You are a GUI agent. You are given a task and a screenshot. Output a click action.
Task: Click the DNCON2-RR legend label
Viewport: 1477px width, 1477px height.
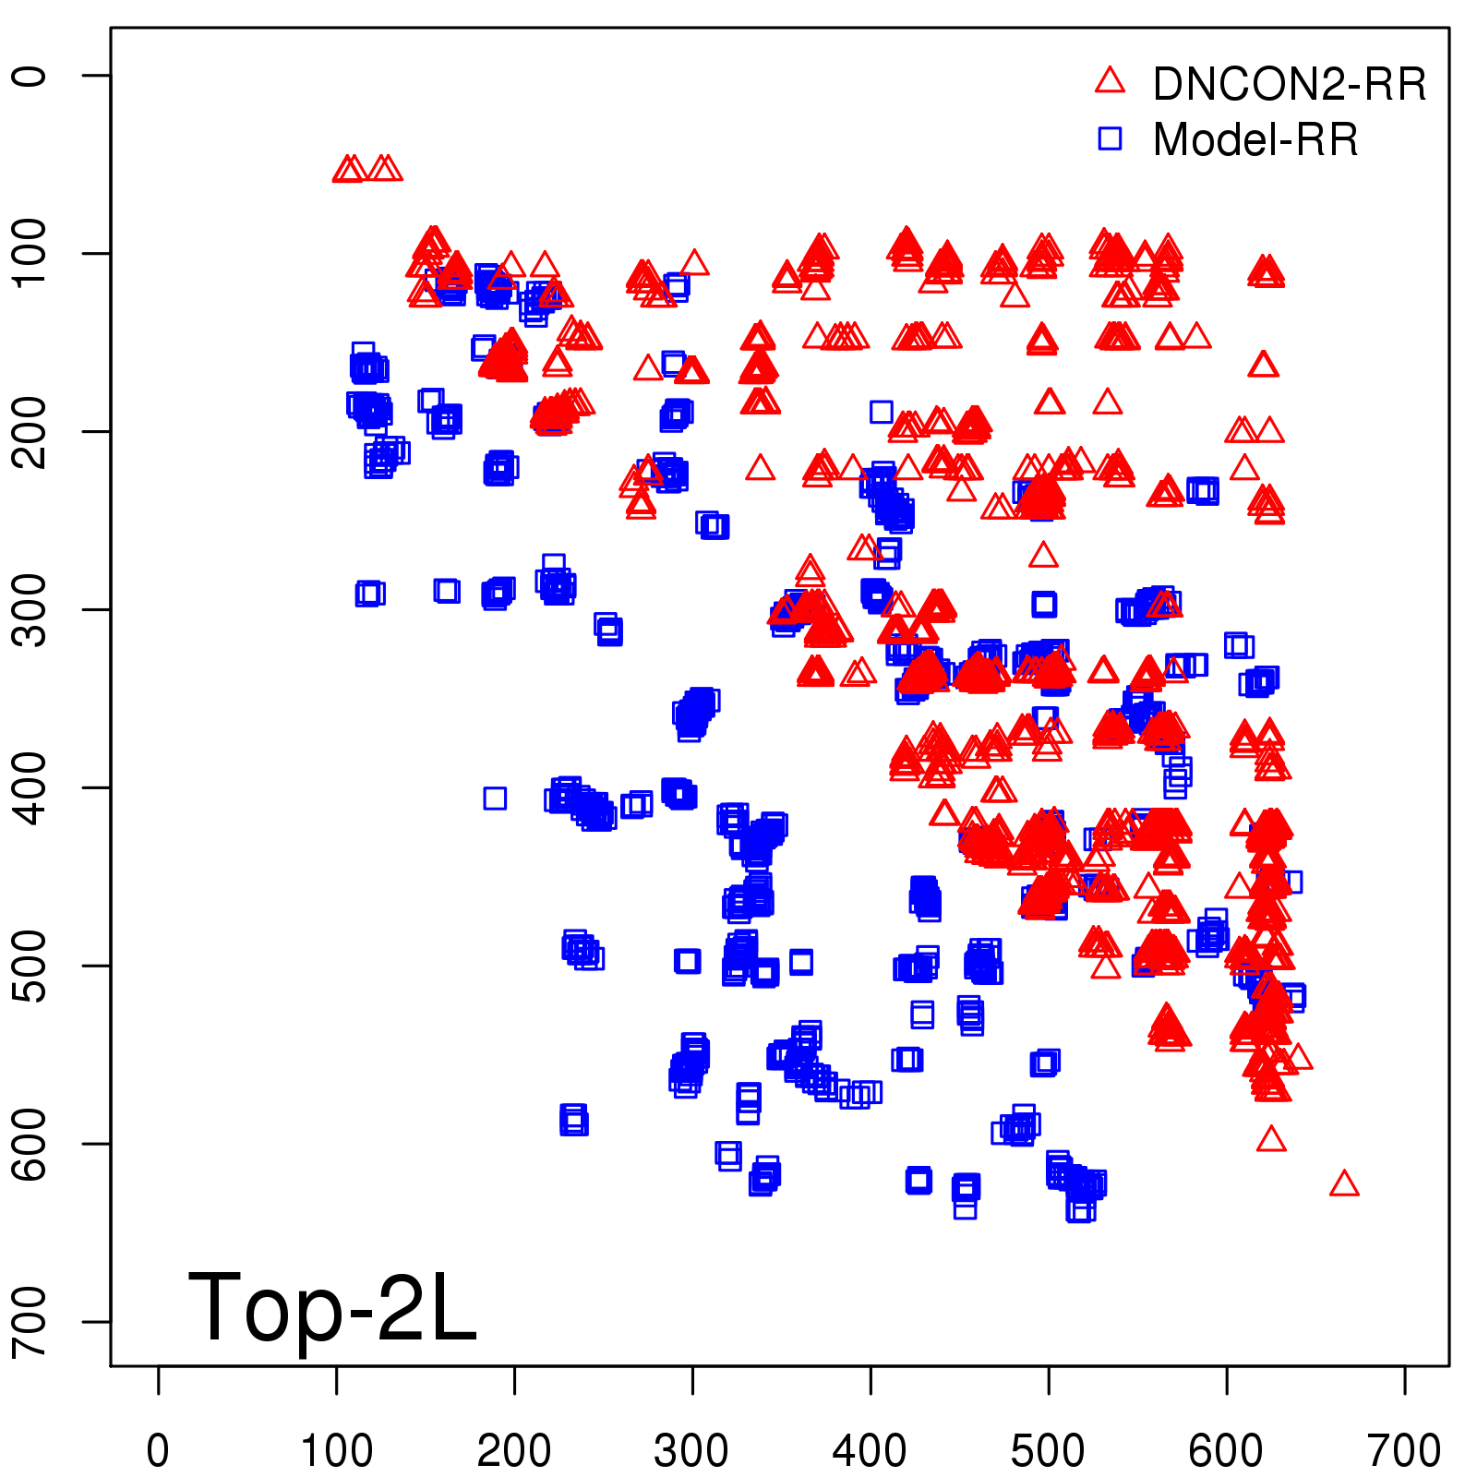tap(1289, 85)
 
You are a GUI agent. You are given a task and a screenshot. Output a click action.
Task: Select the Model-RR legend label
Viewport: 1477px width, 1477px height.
tap(1255, 140)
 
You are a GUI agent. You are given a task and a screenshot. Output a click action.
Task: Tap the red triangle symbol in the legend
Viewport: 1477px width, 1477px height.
tap(1110, 81)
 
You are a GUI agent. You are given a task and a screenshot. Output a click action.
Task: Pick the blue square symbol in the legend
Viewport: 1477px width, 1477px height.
tap(1110, 138)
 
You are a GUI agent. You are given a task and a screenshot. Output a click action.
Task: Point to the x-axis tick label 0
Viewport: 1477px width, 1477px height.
tap(158, 1451)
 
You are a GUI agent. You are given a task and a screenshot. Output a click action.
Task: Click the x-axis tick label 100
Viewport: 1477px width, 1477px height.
tap(337, 1451)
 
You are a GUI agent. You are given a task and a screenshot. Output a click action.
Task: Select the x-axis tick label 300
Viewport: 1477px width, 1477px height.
tap(692, 1451)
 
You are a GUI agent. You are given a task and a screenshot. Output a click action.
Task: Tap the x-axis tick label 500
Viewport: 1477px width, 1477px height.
tap(1048, 1451)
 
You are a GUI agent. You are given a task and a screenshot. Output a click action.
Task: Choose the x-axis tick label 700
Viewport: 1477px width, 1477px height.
tap(1404, 1451)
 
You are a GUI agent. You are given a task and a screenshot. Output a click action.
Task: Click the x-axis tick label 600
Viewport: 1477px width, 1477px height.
tap(1226, 1451)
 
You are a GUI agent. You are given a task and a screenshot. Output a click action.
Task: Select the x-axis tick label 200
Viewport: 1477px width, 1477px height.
tap(514, 1451)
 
